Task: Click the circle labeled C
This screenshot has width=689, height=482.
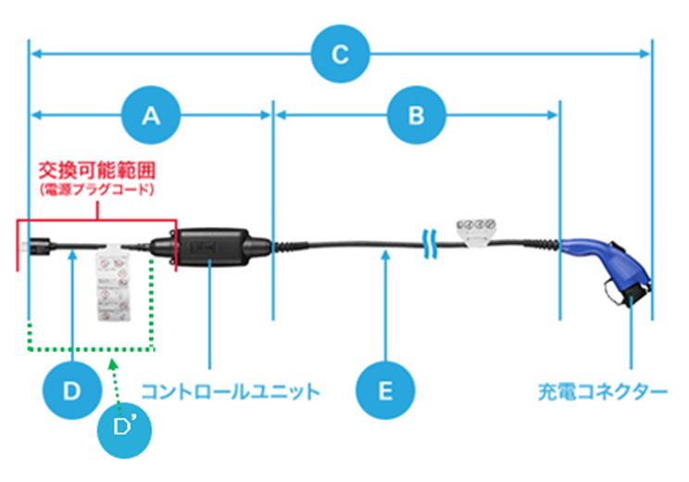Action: coord(340,55)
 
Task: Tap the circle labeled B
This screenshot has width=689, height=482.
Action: coord(417,115)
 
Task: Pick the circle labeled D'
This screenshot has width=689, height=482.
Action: coord(123,429)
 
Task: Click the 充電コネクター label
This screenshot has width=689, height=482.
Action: coord(602,391)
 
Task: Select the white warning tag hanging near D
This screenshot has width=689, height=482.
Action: coord(115,282)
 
